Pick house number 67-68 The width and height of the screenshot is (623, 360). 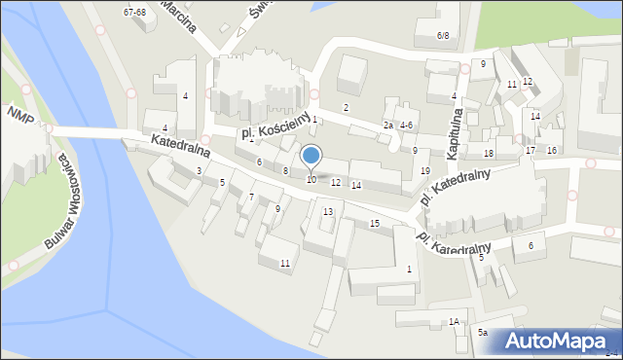coord(134,12)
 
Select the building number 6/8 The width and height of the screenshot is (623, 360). coord(443,35)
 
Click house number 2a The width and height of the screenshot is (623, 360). coord(387,126)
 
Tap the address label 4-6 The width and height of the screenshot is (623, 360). coord(406,126)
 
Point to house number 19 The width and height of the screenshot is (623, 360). coord(424,171)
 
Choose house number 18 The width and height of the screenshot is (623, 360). coord(489,154)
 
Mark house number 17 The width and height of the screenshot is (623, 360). coord(531,151)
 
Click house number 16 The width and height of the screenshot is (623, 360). coord(551,150)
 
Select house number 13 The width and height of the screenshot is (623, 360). coord(328,211)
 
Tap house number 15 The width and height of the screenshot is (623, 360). coord(375,224)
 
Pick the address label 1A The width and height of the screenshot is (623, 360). coord(454,321)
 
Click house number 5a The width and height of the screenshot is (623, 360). coord(483,332)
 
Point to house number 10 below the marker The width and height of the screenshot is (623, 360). coord(311,179)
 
